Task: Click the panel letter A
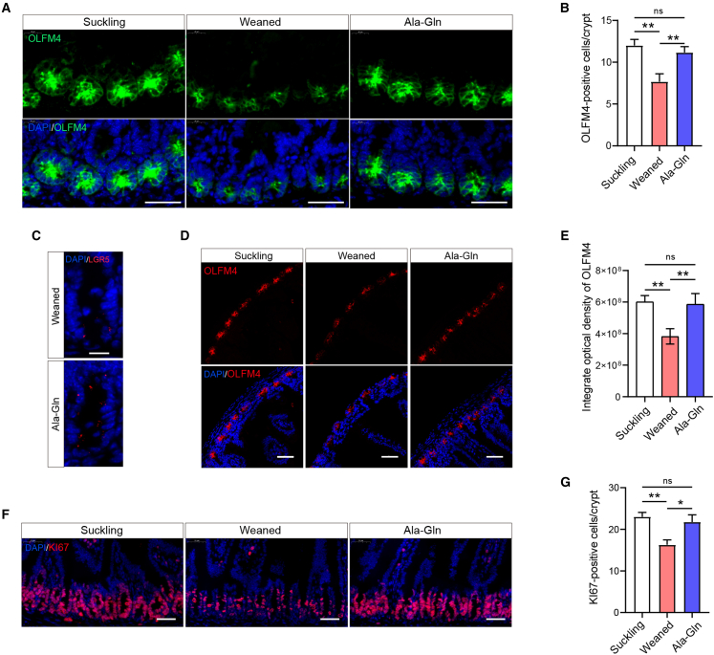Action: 9,8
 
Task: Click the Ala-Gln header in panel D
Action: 461,256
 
